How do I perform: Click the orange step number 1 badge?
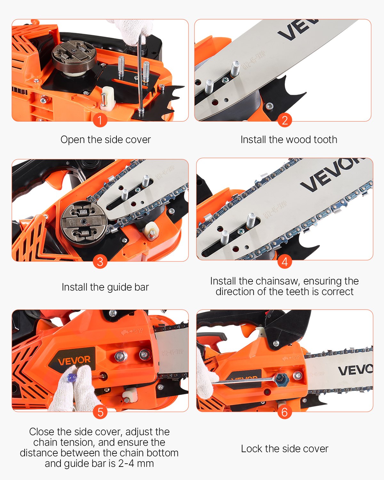(100, 120)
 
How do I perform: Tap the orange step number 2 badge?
(284, 120)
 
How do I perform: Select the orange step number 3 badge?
(100, 261)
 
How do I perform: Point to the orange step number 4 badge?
(284, 261)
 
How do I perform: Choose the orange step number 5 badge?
(100, 412)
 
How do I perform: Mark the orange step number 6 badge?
(284, 412)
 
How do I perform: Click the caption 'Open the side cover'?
(106, 140)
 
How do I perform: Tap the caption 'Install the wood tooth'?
(289, 140)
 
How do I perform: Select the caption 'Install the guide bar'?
(105, 287)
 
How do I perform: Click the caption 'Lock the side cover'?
(284, 449)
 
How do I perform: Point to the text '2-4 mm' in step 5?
(136, 463)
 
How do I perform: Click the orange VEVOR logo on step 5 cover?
(74, 360)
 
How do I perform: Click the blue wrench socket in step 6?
(282, 379)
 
